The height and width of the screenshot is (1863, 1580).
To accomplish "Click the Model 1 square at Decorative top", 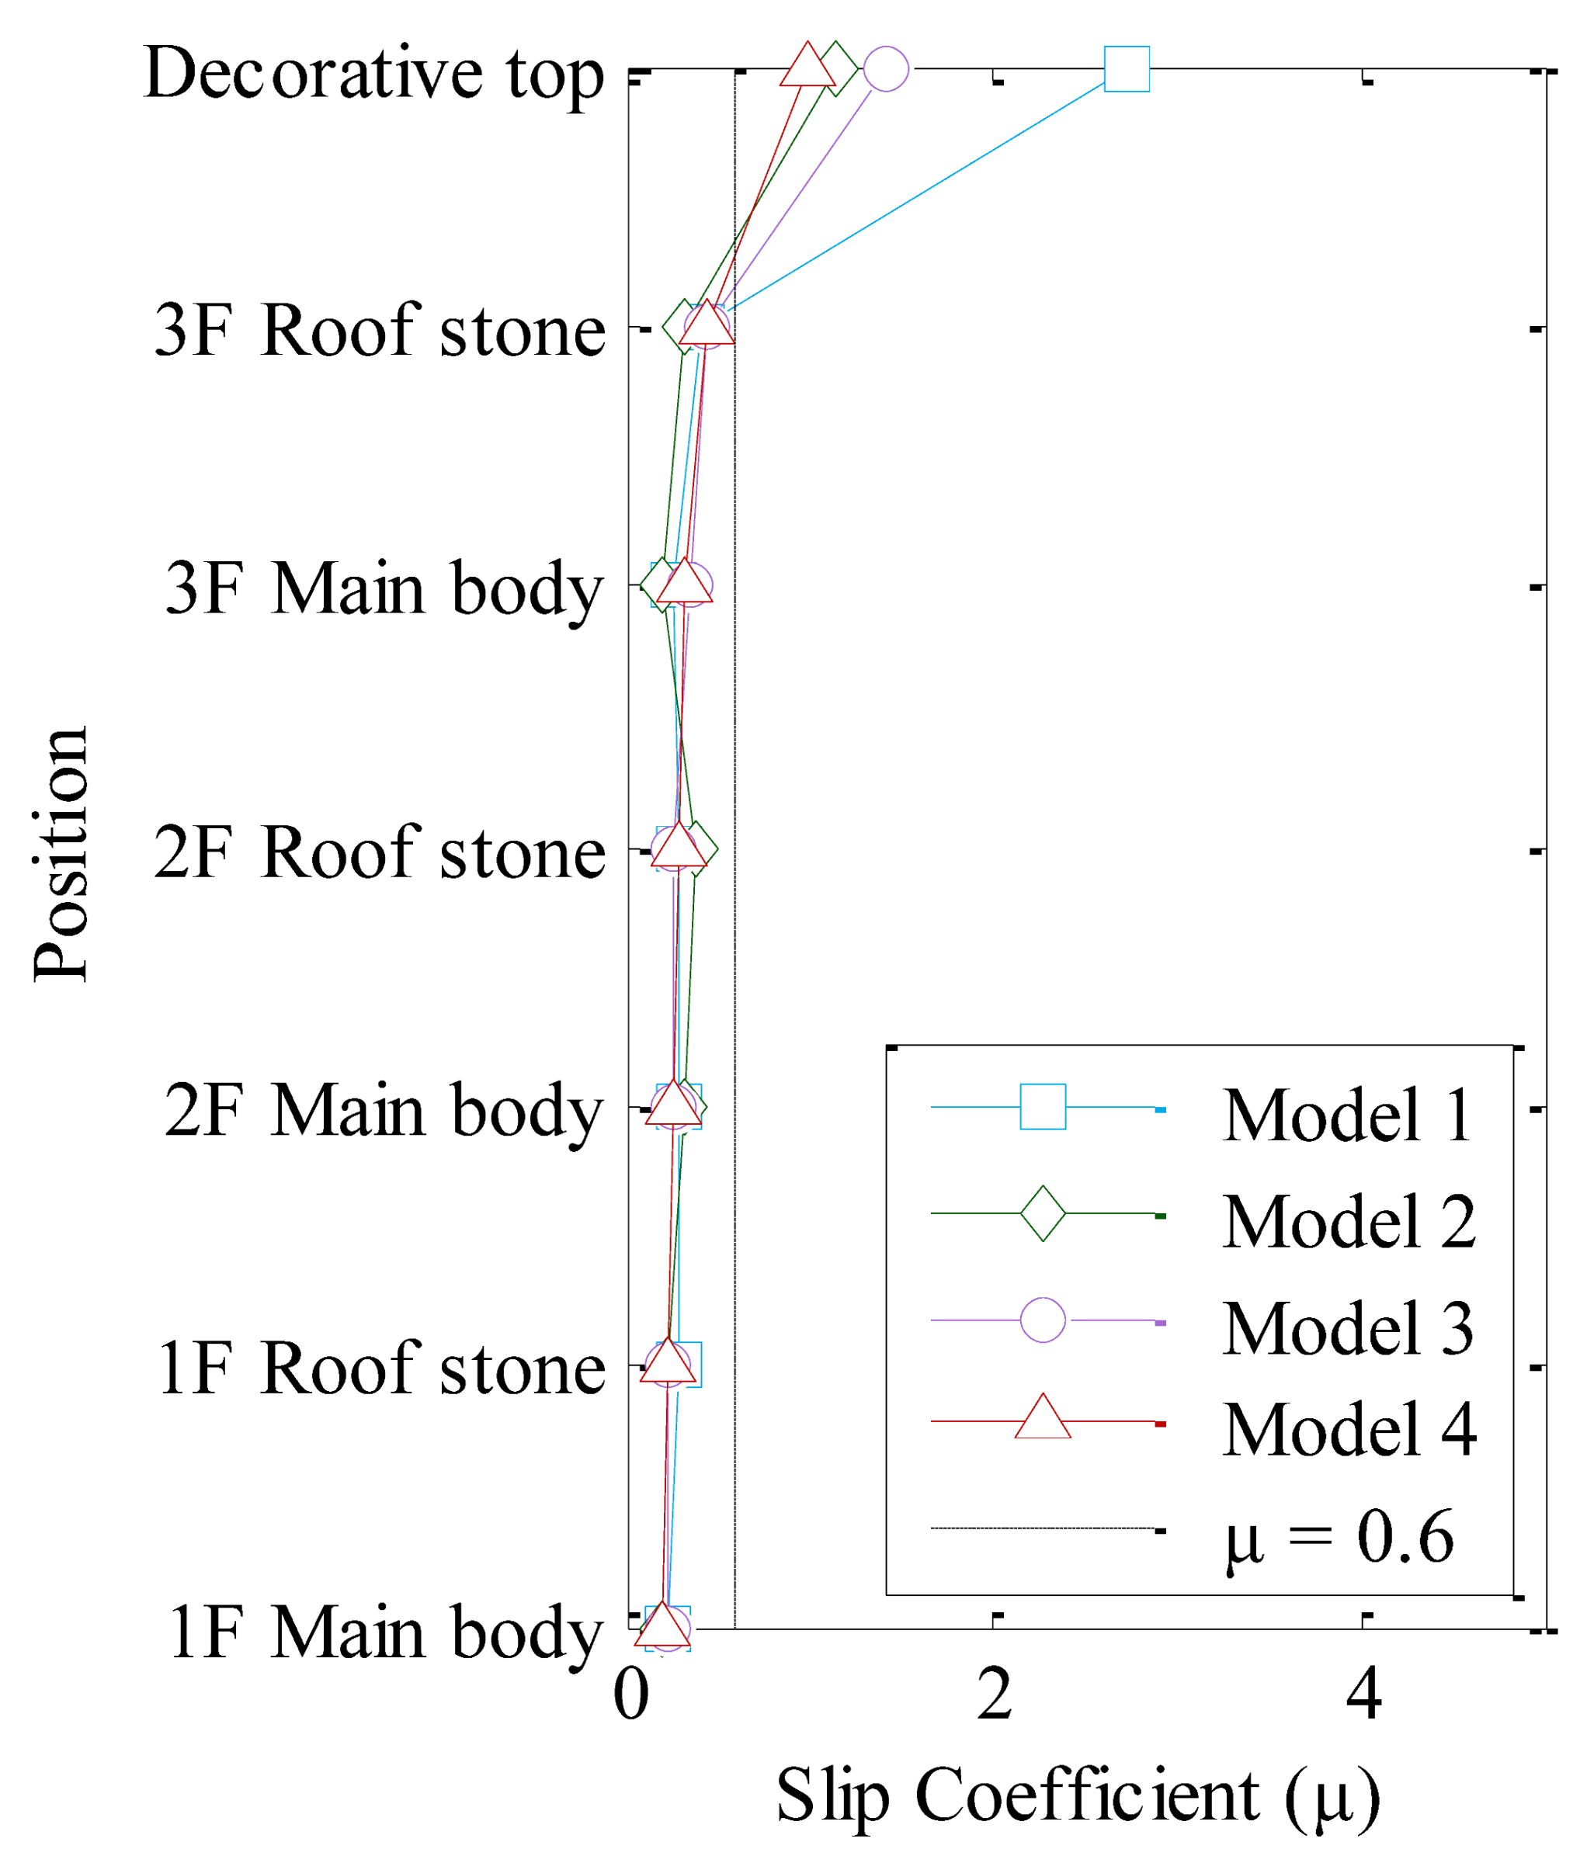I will pos(1126,69).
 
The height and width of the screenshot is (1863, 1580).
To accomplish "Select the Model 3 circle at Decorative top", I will pos(886,69).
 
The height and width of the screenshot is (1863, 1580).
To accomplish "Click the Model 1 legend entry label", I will pos(1347,1116).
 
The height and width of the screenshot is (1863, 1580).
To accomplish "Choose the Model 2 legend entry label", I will pos(1348,1223).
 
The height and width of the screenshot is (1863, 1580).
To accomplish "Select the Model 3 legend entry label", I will pos(1347,1329).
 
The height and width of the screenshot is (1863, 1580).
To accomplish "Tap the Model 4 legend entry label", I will pos(1348,1431).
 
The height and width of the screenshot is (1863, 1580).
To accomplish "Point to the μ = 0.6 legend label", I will pos(1339,1538).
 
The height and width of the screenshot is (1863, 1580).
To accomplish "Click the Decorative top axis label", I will pos(373,74).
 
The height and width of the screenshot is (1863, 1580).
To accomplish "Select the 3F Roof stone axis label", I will pos(380,331).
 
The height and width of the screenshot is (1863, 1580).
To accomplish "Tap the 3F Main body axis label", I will pos(384,589).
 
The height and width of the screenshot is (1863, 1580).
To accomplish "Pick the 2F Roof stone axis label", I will pos(380,852).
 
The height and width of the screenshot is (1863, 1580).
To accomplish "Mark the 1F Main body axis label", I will pos(385,1632).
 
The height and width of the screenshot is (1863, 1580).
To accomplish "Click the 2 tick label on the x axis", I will pos(995,1695).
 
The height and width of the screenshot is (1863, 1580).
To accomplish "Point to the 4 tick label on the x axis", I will pos(1363,1695).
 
